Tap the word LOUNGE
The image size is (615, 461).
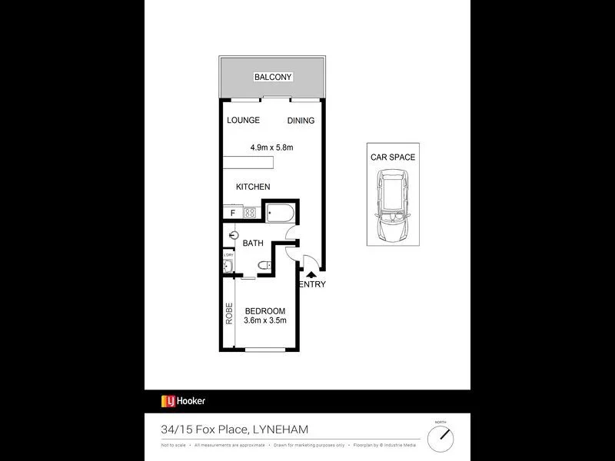[x=243, y=120]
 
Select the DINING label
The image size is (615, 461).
[x=301, y=121]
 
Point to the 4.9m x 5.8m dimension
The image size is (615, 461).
[x=271, y=148]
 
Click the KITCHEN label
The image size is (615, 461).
[x=253, y=187]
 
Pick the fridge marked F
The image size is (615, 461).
[x=233, y=212]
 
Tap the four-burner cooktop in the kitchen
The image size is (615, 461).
[x=249, y=212]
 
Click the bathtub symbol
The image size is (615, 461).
[x=280, y=212]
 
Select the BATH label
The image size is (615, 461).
[x=253, y=243]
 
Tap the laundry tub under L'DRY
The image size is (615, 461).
[x=228, y=267]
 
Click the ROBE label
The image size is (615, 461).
[x=228, y=315]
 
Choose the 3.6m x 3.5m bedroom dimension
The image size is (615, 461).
[x=265, y=320]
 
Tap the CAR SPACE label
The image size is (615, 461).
[x=392, y=158]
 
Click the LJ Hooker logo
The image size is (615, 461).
[x=183, y=400]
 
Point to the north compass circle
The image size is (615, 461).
[x=440, y=439]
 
